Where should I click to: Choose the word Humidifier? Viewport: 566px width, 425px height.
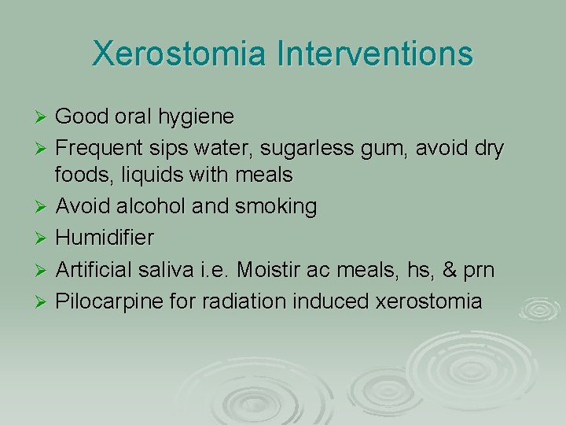(105, 237)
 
